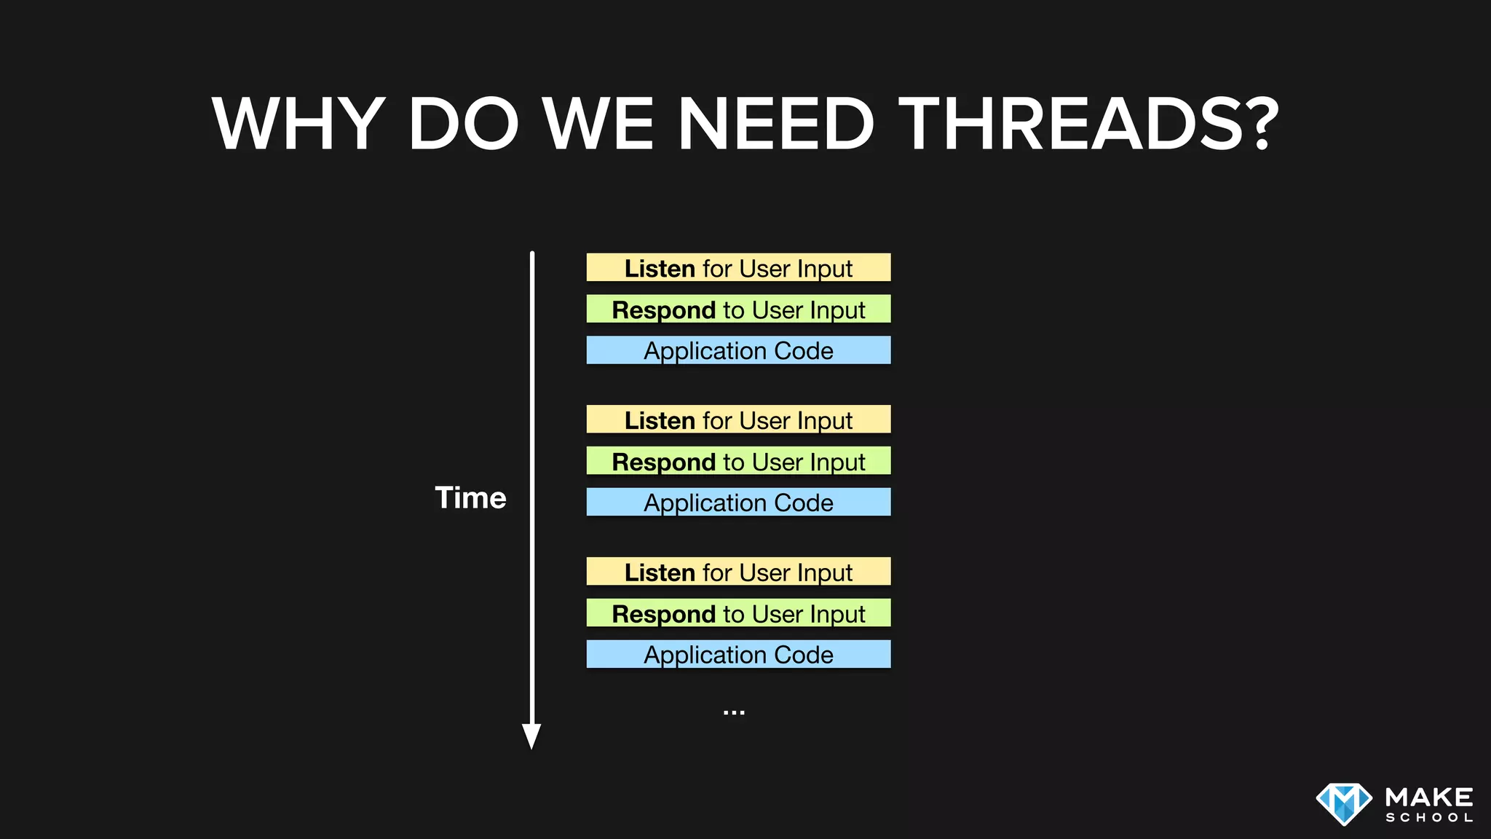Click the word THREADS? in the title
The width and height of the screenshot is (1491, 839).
coord(1088,124)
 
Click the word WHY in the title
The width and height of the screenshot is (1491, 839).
coord(298,124)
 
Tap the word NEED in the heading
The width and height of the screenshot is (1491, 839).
coord(775,124)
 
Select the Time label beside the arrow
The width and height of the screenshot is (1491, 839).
coord(470,498)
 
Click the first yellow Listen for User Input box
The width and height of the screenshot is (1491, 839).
coord(738,268)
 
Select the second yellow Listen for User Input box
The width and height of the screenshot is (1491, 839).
coord(738,420)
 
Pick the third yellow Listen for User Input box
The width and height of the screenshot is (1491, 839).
coord(738,572)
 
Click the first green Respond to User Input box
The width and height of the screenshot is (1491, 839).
coord(738,310)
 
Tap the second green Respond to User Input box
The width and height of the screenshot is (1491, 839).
coord(738,461)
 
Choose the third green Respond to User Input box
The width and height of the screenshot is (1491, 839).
coord(738,613)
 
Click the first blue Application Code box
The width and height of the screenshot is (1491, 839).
coord(738,350)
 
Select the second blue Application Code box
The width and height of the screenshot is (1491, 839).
coord(738,503)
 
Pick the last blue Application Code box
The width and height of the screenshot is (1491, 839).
coord(738,654)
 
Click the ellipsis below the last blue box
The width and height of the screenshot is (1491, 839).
coord(734,712)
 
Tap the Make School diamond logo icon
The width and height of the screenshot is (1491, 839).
coord(1344,804)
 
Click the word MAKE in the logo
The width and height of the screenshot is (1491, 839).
coord(1429,797)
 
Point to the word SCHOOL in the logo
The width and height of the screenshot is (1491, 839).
coord(1429,818)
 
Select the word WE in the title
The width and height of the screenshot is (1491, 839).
coord(598,124)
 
